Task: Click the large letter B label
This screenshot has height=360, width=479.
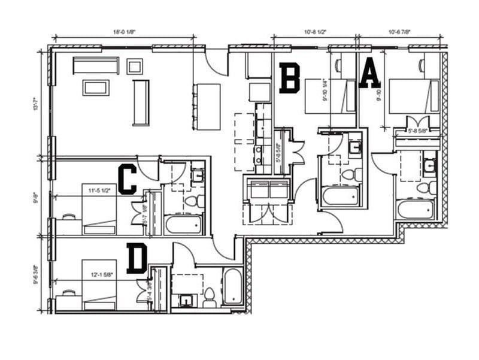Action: pyautogui.click(x=290, y=79)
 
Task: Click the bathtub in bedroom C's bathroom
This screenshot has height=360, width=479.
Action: pyautogui.click(x=183, y=225)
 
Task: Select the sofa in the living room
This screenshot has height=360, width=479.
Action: pyautogui.click(x=96, y=65)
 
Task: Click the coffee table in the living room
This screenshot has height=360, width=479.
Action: pyautogui.click(x=95, y=88)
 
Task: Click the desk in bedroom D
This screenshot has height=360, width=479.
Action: pyautogui.click(x=68, y=300)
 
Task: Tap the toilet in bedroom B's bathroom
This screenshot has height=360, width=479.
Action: pyautogui.click(x=348, y=174)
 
